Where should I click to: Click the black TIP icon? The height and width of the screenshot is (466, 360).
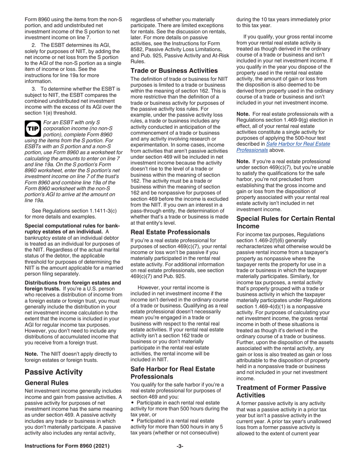click(x=33, y=129)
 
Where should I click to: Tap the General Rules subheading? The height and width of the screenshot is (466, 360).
click(x=47, y=383)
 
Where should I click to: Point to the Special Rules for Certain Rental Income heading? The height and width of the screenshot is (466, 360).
click(x=285, y=222)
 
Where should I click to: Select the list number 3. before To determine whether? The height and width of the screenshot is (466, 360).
click(x=34, y=89)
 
